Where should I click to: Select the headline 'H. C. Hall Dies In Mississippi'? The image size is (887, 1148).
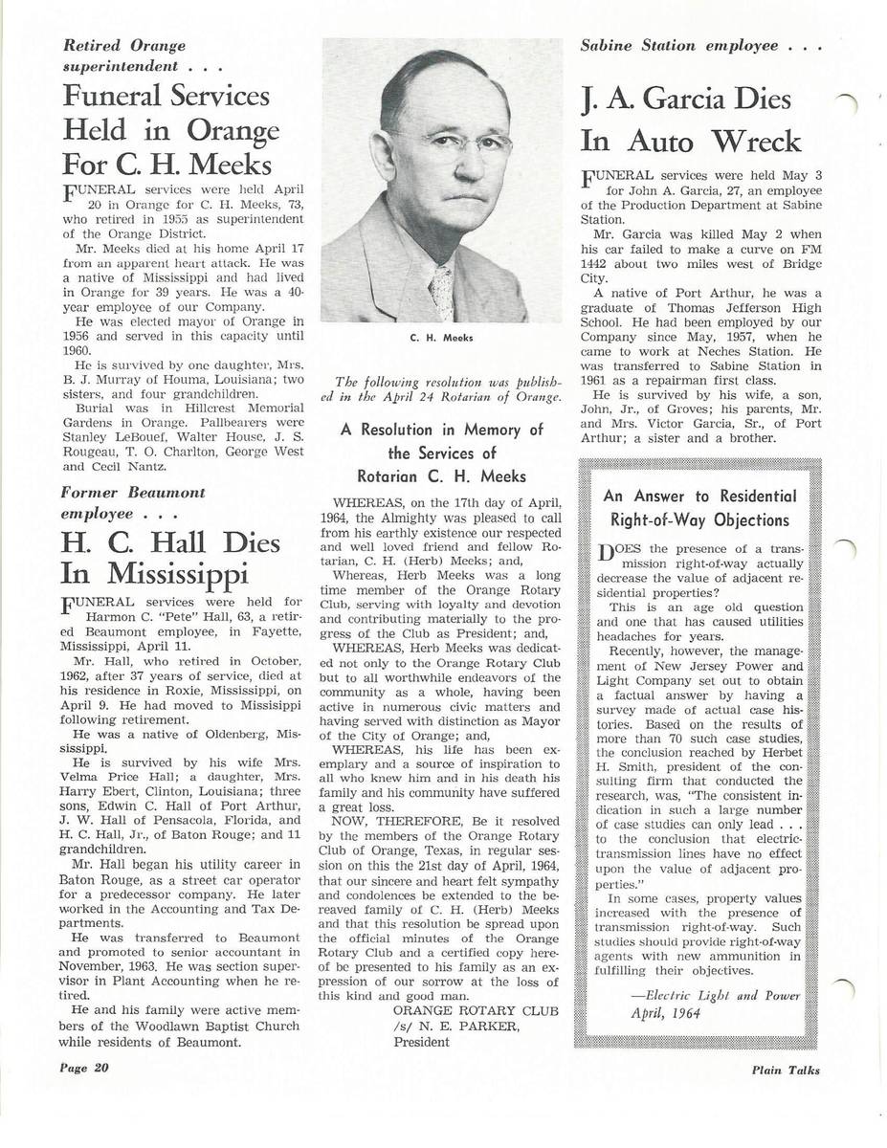[170, 557]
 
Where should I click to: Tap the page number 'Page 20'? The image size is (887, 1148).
[86, 1069]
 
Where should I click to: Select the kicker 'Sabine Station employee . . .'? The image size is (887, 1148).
[701, 45]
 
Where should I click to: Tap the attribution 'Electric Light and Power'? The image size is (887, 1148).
[722, 996]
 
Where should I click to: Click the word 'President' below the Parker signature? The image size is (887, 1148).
[421, 1042]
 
